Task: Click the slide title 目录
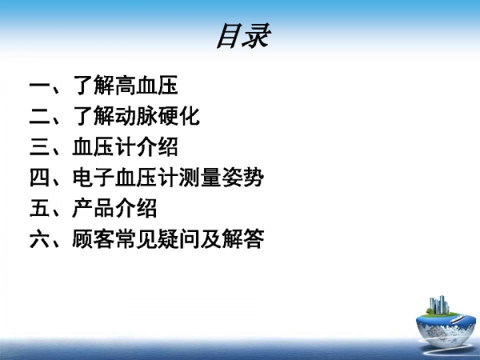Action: (244, 36)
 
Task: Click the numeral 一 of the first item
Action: (40, 85)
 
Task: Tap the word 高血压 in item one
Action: (146, 85)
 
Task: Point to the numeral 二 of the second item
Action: (40, 116)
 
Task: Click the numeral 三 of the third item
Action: (40, 147)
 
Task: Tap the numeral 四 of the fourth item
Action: (40, 178)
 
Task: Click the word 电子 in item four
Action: (94, 178)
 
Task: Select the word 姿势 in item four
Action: (242, 178)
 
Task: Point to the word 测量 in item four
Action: (200, 178)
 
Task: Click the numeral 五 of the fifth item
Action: (40, 208)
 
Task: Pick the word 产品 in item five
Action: (94, 208)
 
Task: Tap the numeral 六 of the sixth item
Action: (40, 238)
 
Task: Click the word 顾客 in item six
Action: (94, 238)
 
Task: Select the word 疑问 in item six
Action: (178, 238)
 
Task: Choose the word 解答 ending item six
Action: (242, 238)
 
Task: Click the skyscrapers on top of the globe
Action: (439, 305)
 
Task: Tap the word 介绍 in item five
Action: (136, 208)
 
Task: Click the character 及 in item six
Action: (210, 238)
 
